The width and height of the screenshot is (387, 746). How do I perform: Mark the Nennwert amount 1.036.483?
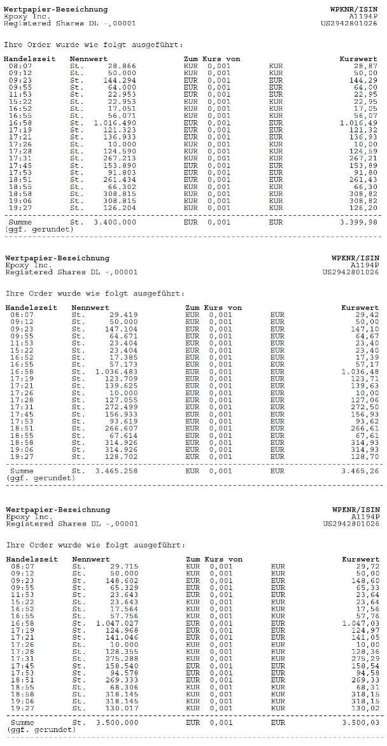[116, 372]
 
